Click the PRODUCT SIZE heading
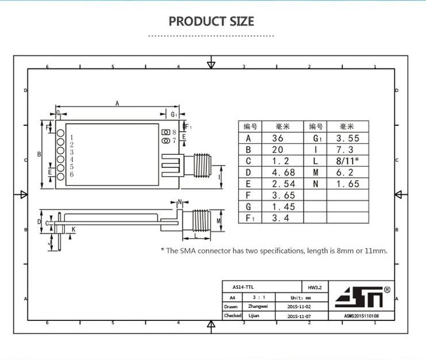(212, 21)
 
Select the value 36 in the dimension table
(278, 138)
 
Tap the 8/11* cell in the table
(347, 161)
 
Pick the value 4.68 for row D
(283, 173)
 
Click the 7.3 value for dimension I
(345, 150)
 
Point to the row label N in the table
(316, 184)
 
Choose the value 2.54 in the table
(283, 184)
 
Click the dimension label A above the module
(117, 104)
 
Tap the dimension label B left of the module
(39, 154)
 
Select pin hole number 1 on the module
(60, 133)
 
